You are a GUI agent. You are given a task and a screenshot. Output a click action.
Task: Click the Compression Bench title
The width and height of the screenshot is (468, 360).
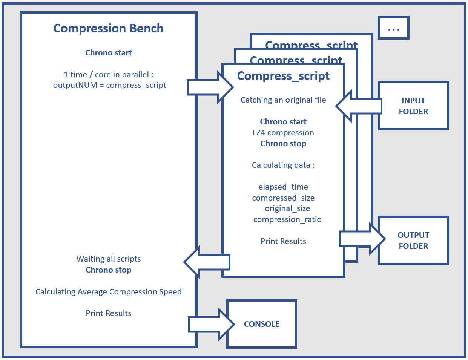[x=109, y=29]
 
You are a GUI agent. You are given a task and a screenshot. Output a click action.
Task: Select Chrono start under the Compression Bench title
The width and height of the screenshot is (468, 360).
[x=109, y=53]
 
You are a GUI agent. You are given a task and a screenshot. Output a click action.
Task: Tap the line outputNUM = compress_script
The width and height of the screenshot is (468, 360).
[x=109, y=85]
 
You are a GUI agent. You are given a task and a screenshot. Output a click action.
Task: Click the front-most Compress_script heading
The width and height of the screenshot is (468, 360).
[x=283, y=76]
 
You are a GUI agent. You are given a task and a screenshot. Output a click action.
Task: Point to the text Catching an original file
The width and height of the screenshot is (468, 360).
[x=283, y=100]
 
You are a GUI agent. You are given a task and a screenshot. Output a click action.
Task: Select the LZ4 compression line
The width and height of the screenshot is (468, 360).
[x=283, y=133]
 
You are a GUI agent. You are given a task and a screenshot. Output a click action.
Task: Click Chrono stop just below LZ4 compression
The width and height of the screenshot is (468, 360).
[x=283, y=144]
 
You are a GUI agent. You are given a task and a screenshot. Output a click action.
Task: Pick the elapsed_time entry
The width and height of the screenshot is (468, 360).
[x=283, y=187]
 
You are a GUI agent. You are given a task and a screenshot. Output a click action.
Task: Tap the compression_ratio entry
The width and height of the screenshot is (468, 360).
[x=287, y=219]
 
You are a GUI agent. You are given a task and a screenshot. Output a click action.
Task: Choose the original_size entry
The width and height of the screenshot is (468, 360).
[x=287, y=208]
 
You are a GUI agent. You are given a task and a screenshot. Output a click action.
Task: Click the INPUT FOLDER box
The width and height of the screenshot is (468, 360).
[x=413, y=106]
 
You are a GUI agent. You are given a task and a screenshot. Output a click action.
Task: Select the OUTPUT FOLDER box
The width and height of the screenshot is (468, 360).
[x=413, y=241]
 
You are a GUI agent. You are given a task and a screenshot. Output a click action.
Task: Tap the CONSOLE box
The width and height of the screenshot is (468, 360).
[x=262, y=324]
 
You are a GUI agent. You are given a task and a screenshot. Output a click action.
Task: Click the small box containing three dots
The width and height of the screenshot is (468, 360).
[x=394, y=28]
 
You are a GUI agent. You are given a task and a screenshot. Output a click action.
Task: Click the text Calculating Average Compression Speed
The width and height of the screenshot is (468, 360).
[x=109, y=292]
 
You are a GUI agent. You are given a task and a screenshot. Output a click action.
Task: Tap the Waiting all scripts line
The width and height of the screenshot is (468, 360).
[x=109, y=259]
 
